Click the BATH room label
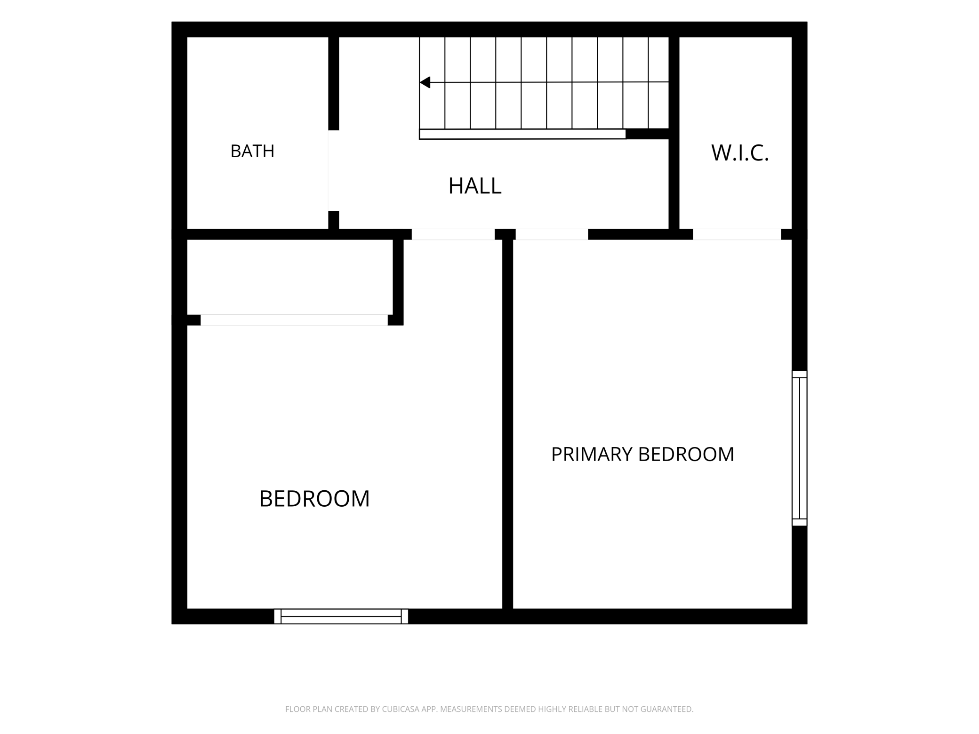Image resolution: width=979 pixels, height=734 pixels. (252, 151)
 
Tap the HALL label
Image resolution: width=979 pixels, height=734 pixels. (475, 186)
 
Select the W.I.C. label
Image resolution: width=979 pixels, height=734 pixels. (740, 153)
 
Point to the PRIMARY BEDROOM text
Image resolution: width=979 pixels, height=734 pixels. (642, 455)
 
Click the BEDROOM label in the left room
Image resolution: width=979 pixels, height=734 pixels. (314, 499)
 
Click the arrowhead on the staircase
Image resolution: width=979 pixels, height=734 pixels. (425, 82)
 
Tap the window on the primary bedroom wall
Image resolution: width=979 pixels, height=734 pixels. (799, 448)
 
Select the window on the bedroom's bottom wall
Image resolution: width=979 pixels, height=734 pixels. (341, 616)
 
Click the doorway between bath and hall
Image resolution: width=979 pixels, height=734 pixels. (334, 171)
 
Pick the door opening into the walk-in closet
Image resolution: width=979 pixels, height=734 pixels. (737, 234)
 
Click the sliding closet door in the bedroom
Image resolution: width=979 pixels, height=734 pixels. (294, 320)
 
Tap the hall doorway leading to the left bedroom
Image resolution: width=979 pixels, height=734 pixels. (453, 234)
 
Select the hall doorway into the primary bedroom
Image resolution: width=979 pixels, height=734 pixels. (552, 234)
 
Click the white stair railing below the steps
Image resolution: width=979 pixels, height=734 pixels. (522, 134)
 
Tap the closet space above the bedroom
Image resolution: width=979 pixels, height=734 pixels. (290, 277)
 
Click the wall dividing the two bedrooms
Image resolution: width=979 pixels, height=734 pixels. (507, 423)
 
